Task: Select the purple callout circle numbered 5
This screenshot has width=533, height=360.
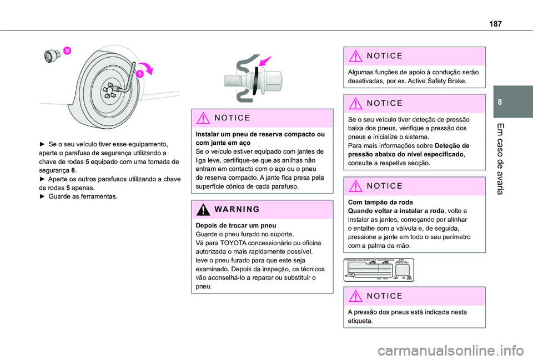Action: (141, 73)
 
